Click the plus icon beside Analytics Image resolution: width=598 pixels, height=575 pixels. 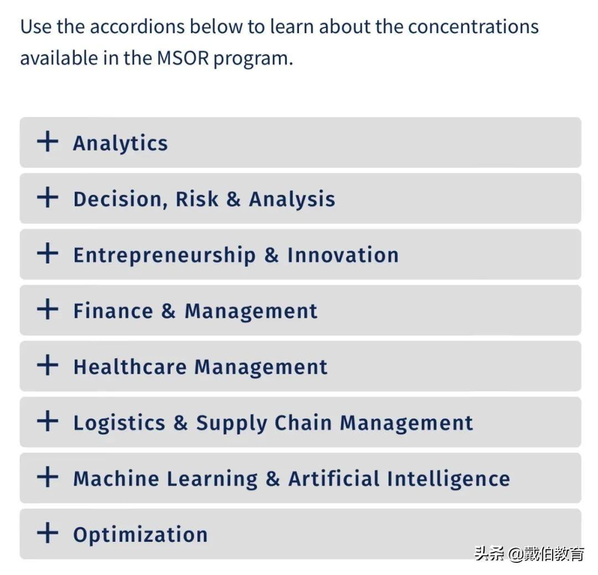[48, 142]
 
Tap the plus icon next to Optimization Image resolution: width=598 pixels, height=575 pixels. [48, 533]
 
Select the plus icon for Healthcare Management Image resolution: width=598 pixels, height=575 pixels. [48, 365]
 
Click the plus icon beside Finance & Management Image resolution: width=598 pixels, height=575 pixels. [48, 309]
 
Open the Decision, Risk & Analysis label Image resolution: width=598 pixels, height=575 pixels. [204, 199]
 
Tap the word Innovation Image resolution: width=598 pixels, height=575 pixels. [343, 255]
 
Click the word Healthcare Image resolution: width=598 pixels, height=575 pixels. [130, 366]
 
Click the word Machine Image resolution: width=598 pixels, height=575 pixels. [116, 479]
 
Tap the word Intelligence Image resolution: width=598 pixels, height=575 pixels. [448, 479]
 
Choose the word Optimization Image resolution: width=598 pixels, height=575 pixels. [140, 535]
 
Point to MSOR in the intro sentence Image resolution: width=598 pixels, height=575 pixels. [183, 58]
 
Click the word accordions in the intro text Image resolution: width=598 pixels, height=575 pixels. [139, 27]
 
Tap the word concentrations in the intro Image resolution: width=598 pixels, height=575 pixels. [473, 27]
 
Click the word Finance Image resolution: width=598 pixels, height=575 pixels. [113, 311]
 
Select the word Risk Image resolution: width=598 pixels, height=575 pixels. [197, 199]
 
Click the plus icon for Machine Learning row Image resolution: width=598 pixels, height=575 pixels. [48, 476]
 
